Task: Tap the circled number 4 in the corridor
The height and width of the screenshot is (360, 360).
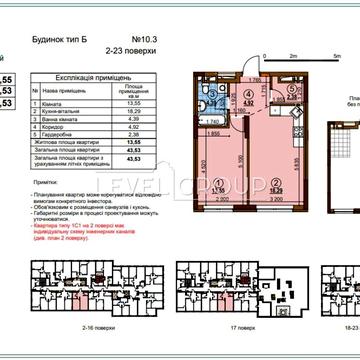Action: (248, 98)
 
